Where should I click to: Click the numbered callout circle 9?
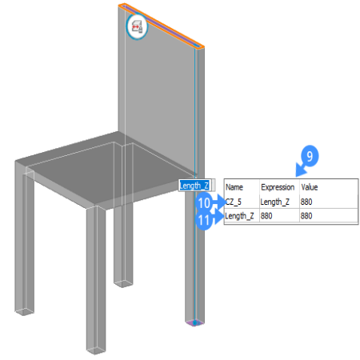click(310, 156)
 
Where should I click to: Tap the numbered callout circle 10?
click(204, 203)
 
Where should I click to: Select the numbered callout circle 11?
click(204, 221)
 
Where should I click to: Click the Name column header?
click(234, 187)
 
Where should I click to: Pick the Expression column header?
click(278, 187)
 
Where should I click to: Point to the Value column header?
click(310, 187)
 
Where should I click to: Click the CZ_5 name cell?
click(234, 202)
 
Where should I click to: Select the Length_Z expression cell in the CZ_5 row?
click(275, 202)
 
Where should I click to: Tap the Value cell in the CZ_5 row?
click(306, 202)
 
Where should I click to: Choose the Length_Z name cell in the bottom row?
click(239, 216)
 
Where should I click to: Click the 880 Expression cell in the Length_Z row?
click(266, 216)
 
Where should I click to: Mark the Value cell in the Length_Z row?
click(306, 216)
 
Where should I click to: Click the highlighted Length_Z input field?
click(197, 186)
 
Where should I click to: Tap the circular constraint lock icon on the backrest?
click(137, 26)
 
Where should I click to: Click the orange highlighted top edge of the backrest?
click(162, 26)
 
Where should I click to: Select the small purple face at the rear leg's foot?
click(194, 323)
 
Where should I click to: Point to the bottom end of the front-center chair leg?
click(96, 351)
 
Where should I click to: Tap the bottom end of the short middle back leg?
click(123, 283)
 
